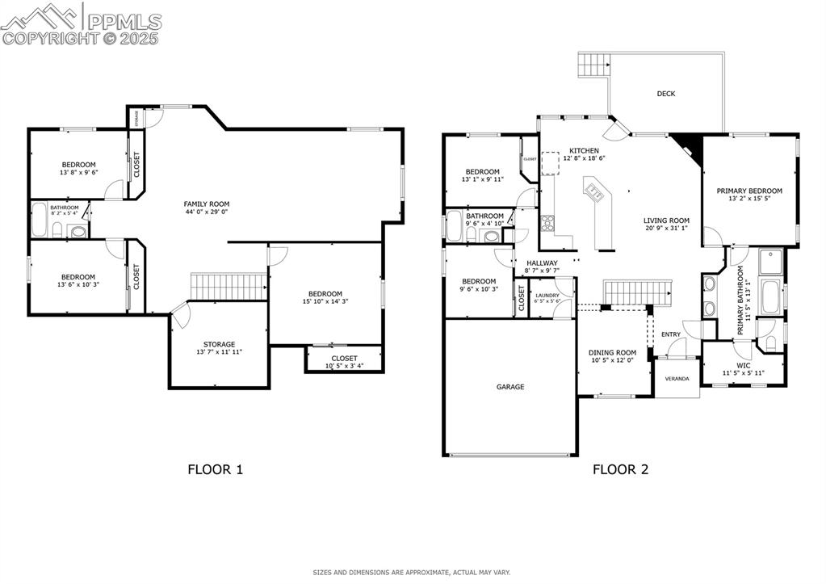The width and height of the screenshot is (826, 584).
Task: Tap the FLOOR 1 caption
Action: [x=215, y=468]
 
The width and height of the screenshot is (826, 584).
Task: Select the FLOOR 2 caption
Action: [x=620, y=468]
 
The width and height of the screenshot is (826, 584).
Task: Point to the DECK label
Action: [x=665, y=94]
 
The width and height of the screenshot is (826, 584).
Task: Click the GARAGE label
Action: [x=509, y=387]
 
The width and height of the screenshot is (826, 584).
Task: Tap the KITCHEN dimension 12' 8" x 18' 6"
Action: [x=584, y=159]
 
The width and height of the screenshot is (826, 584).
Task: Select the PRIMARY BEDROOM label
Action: [x=749, y=191]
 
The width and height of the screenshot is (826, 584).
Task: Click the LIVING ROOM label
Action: [x=666, y=221]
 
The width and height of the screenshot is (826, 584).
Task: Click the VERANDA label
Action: [x=677, y=378]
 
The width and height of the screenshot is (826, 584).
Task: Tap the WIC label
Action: [x=743, y=365]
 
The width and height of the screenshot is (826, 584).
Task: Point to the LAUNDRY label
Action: [x=547, y=296]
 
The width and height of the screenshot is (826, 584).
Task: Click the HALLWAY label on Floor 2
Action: [x=542, y=263]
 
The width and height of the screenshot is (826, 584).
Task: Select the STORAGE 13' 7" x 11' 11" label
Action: [x=219, y=344]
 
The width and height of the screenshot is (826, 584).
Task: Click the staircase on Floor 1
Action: [x=229, y=285]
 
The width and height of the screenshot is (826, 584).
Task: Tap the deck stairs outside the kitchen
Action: [x=594, y=64]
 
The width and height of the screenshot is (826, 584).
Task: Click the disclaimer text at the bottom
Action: [x=412, y=573]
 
